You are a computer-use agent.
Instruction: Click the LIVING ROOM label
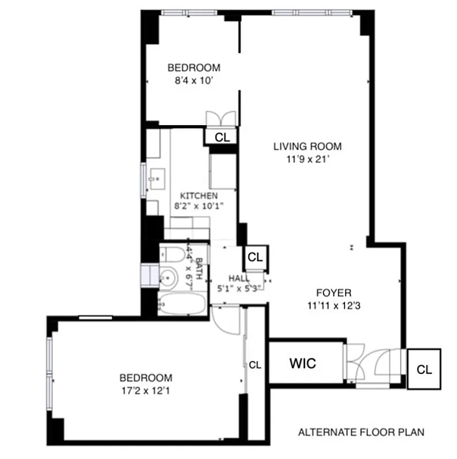pos(307,146)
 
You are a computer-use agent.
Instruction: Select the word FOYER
pos(328,292)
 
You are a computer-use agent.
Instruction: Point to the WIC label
pos(303,363)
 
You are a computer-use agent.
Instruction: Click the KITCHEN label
pos(199,196)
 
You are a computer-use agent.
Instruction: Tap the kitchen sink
pos(155,180)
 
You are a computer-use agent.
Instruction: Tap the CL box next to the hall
pos(255,257)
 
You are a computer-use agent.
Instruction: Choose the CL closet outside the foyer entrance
pos(424,369)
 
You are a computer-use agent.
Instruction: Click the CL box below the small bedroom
pos(222,137)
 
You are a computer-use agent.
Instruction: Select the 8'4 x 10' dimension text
pos(194,81)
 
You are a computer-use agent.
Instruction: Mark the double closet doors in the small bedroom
pos(221,117)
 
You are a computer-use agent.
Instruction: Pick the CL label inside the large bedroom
pos(255,364)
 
